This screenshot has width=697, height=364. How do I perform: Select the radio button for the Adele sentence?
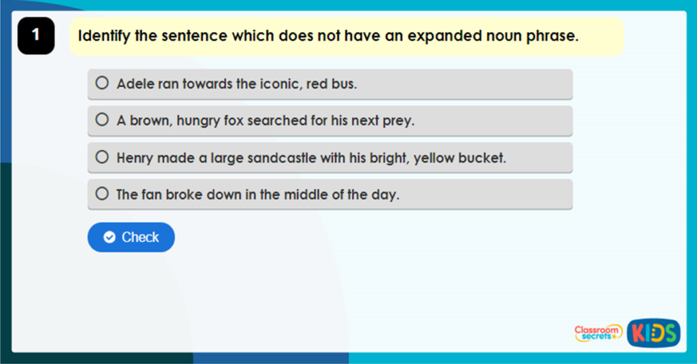102,84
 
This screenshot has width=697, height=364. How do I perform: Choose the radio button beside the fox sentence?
102,120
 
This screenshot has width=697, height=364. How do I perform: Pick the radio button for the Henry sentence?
102,157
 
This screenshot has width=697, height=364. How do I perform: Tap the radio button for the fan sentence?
102,194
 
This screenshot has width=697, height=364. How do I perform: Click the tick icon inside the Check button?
109,237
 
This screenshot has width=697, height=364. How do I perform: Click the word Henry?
135,158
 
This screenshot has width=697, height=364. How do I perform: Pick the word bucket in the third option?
483,158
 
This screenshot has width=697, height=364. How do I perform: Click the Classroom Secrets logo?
597,333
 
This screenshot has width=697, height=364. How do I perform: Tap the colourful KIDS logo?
653,333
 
